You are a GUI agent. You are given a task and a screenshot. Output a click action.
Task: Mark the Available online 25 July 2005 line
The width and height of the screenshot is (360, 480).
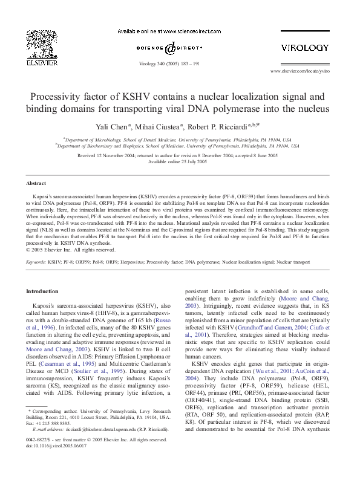180,162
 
